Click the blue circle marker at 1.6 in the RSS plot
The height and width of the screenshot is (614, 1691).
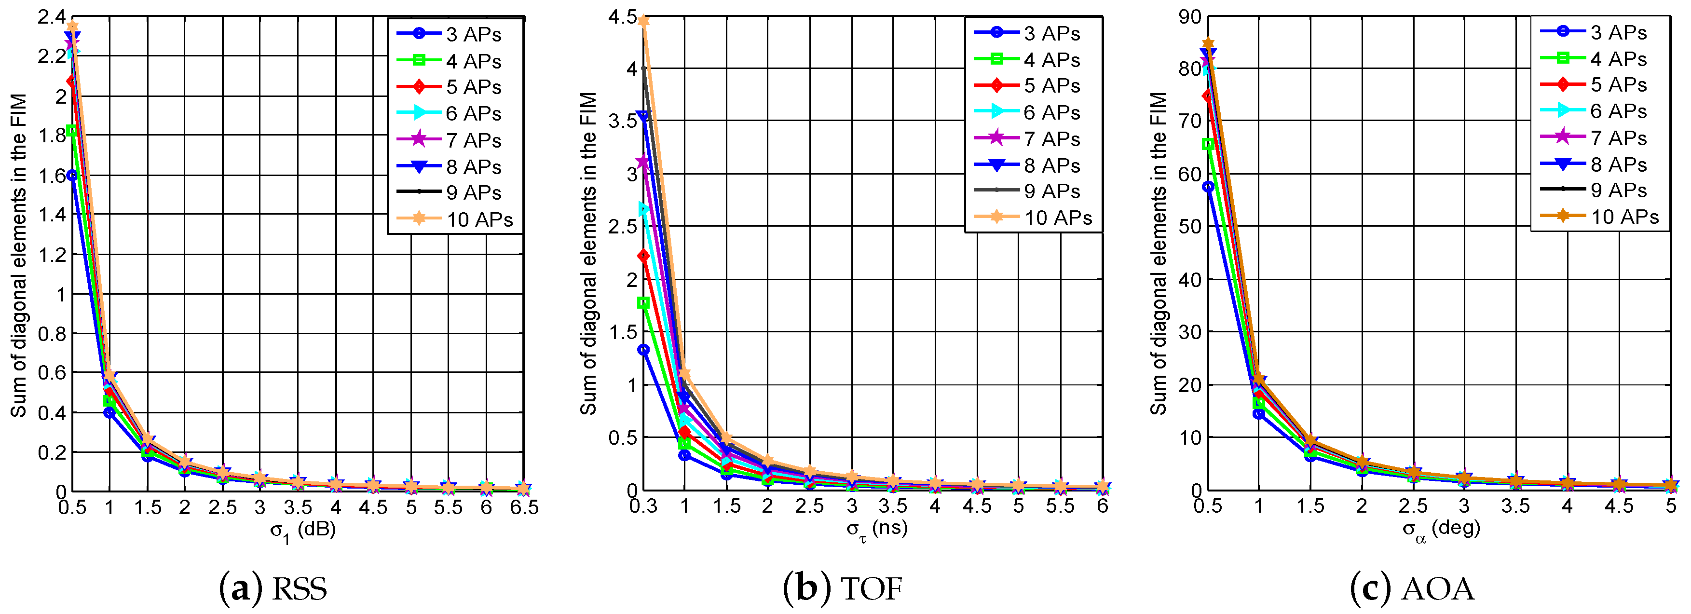[72, 176]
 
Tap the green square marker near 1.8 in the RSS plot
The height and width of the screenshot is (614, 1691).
[72, 131]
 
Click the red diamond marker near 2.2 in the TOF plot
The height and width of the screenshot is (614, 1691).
[643, 256]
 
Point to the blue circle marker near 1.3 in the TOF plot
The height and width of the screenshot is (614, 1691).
[643, 350]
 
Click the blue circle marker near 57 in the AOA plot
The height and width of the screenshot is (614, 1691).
[1208, 187]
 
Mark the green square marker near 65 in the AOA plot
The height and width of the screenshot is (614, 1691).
[1208, 144]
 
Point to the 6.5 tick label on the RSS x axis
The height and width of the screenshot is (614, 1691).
[524, 507]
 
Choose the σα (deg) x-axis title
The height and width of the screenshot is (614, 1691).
[1442, 529]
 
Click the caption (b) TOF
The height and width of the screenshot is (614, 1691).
[843, 588]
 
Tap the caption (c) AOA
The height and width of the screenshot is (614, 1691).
[1411, 588]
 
